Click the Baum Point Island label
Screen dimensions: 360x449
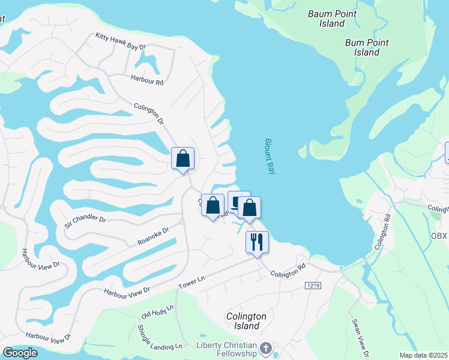click(x=332, y=19)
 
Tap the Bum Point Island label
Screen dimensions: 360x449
click(x=367, y=47)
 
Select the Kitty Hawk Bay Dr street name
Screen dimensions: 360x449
click(x=121, y=41)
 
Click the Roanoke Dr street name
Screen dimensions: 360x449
click(x=153, y=235)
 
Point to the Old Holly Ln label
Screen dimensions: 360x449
click(x=157, y=311)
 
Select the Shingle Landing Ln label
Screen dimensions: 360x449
click(x=160, y=338)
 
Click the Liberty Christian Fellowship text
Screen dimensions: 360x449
click(x=226, y=349)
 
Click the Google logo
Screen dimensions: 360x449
click(x=20, y=353)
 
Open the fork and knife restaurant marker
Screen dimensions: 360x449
click(x=257, y=242)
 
